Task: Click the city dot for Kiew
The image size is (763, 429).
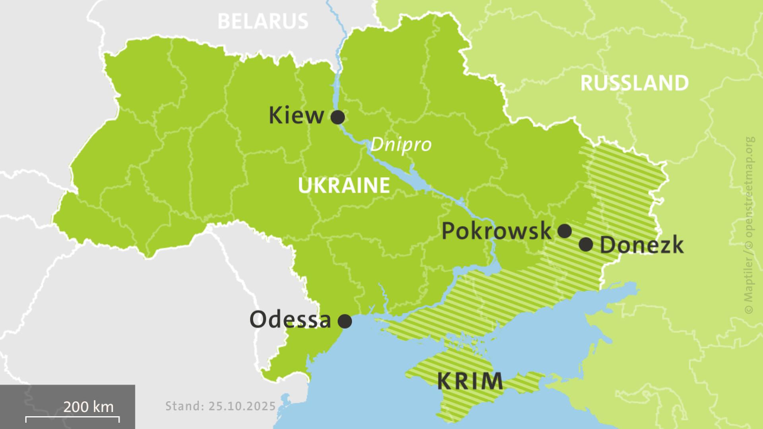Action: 338,117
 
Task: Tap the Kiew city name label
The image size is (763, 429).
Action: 296,116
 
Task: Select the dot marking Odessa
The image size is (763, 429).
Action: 345,321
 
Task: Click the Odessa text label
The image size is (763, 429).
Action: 290,320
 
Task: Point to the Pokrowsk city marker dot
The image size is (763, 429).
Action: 565,231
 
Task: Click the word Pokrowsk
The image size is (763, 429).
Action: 496,231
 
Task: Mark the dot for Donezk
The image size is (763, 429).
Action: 586,245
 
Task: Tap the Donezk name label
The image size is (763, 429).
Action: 641,245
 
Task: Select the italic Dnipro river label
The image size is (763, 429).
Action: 401,144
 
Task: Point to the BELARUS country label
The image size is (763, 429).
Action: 263,21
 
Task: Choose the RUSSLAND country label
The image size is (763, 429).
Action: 634,83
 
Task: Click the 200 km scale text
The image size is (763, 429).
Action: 88,407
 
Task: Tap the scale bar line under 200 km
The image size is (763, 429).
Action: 72,417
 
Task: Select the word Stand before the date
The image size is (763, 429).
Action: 183,406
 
